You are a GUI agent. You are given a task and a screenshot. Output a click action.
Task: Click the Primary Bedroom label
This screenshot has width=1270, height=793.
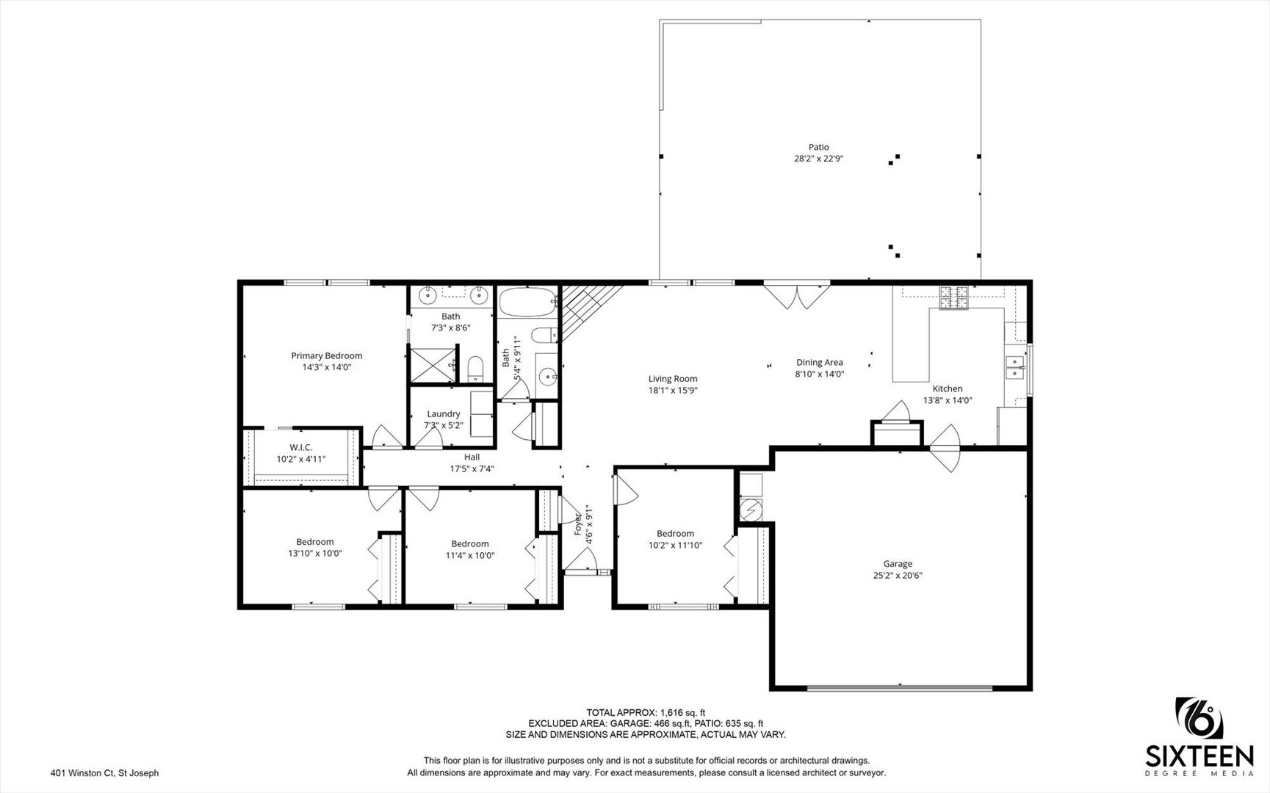point(327,356)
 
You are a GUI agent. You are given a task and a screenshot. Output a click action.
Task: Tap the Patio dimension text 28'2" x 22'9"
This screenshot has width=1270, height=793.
point(818,158)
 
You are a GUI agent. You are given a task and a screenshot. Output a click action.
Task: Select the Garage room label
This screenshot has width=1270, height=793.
point(898,564)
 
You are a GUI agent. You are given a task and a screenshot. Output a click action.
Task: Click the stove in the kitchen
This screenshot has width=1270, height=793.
point(955,297)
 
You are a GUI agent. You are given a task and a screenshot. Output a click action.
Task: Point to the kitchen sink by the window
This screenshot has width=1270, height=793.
point(1015,366)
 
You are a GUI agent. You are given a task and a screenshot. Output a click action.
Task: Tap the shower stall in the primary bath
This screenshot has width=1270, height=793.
point(431,365)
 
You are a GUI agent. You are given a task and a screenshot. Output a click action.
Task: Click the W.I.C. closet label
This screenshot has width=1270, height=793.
point(300,447)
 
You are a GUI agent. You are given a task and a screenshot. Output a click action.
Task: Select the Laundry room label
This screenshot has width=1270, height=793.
point(443,414)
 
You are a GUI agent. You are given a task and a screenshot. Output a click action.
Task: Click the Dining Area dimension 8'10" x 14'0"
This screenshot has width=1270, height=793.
point(819,374)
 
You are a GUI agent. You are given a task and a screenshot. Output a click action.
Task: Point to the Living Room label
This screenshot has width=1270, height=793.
point(672,379)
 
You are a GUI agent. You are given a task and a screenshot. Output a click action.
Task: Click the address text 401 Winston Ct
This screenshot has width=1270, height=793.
point(104,772)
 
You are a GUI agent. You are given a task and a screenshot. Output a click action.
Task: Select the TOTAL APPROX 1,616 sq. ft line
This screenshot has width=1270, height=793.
point(645,712)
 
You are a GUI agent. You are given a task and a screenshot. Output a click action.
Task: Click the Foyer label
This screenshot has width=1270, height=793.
point(578,523)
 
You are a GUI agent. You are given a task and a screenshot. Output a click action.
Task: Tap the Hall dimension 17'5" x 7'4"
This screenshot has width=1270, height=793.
point(472,468)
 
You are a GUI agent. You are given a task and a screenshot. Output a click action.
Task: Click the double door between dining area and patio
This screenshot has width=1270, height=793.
point(796,296)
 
